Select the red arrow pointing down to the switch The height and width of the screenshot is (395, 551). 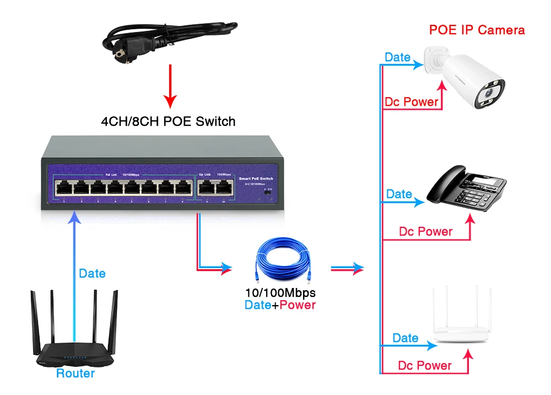coord(170,86)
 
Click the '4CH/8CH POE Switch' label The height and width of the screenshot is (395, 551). coord(168,121)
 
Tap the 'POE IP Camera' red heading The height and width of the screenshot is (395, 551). coord(477,30)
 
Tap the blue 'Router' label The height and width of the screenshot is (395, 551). coord(75,373)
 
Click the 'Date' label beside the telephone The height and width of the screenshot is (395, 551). coord(399,194)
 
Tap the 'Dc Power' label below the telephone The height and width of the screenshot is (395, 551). coord(425,232)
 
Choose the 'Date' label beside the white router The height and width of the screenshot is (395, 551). coord(406,338)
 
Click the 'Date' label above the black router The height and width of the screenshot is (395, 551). coord(92,273)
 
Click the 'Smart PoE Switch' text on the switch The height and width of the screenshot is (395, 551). coord(256,179)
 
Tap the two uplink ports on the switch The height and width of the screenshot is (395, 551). coord(215,188)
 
